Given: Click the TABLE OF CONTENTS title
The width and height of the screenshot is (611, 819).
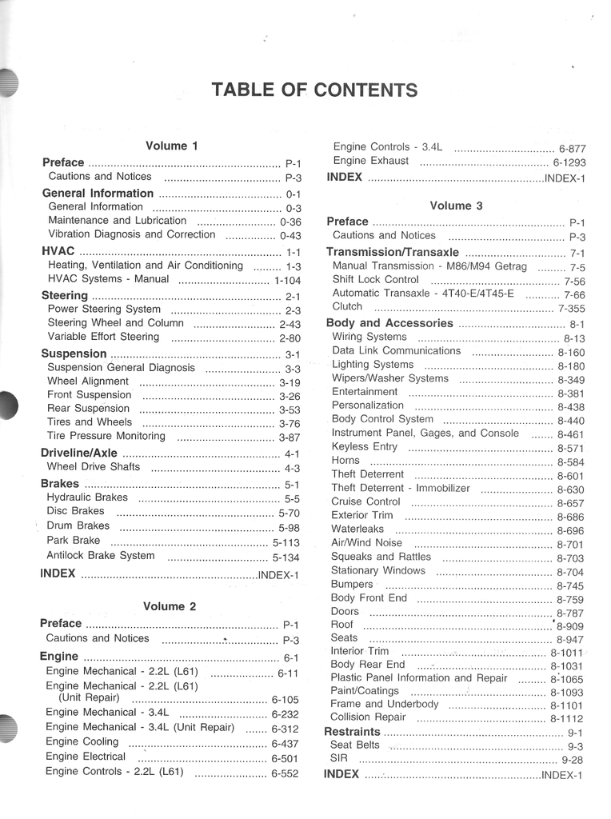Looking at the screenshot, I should pyautogui.click(x=313, y=90).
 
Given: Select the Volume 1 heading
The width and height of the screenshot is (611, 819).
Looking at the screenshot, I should pyautogui.click(x=171, y=146).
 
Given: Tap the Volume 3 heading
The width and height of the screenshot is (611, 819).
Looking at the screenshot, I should pyautogui.click(x=456, y=206).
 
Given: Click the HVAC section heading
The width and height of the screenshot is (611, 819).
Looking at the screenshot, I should pyautogui.click(x=58, y=251).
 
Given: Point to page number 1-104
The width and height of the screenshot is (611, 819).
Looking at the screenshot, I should pyautogui.click(x=287, y=281).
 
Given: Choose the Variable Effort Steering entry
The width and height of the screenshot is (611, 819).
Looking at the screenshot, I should pyautogui.click(x=103, y=337).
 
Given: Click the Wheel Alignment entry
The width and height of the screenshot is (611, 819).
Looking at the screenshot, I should pyautogui.click(x=87, y=382).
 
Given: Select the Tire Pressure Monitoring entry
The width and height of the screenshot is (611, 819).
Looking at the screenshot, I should pyautogui.click(x=106, y=437).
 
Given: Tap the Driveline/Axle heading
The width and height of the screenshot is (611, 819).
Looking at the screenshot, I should pyautogui.click(x=78, y=453).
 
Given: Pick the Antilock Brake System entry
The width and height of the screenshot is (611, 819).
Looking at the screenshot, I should pyautogui.click(x=101, y=556).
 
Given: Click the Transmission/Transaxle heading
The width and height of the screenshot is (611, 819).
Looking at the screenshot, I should pyautogui.click(x=393, y=252).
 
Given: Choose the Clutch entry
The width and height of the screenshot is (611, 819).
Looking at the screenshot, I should pyautogui.click(x=347, y=306).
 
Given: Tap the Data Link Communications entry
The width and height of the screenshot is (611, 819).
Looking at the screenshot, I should pyautogui.click(x=396, y=351).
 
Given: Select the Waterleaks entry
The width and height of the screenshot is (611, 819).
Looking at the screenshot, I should pyautogui.click(x=357, y=529).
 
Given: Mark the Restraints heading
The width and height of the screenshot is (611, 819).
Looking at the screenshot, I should pyautogui.click(x=352, y=732).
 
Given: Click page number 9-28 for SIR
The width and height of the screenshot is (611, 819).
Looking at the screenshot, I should pyautogui.click(x=572, y=761).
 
